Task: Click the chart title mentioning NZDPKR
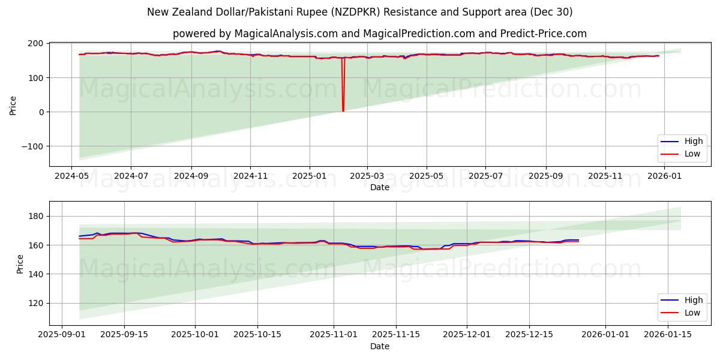(360, 12)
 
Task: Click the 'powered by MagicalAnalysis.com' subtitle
(379, 34)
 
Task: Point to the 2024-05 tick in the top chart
(72, 176)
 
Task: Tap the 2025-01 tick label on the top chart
(309, 176)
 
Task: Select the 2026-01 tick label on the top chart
(664, 176)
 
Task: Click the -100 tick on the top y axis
(32, 146)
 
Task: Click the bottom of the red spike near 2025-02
(343, 111)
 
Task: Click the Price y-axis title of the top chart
(13, 106)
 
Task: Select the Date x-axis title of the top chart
(379, 187)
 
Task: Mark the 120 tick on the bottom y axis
(36, 304)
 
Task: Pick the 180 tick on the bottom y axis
(36, 216)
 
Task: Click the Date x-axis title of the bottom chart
(379, 346)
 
